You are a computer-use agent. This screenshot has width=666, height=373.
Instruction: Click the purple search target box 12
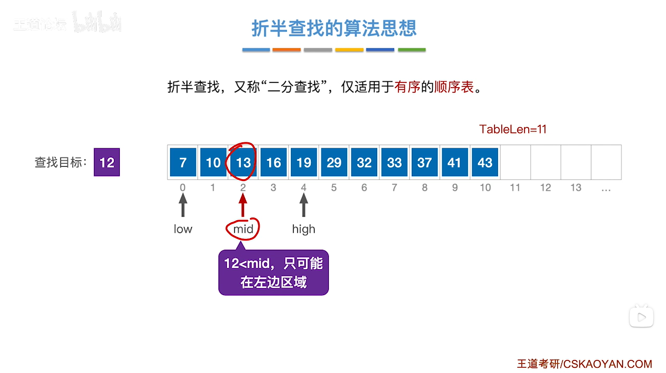[107, 162]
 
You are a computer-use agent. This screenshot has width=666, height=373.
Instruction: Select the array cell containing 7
[183, 162]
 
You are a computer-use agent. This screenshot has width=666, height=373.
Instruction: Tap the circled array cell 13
[243, 162]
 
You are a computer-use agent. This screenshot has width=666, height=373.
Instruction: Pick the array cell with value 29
[334, 162]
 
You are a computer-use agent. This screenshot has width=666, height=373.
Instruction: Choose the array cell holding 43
[485, 162]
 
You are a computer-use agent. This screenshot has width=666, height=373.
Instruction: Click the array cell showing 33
[394, 162]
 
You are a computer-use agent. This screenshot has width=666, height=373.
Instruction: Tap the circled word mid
[243, 229]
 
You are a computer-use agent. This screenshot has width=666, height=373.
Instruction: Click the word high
[304, 229]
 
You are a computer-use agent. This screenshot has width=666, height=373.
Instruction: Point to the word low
[183, 229]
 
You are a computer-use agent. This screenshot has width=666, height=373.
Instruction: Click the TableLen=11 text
[513, 129]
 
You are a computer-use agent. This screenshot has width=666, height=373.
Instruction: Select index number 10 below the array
[485, 188]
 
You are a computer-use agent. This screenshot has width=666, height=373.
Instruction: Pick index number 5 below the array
[334, 188]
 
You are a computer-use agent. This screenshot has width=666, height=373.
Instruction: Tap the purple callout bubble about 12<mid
[273, 273]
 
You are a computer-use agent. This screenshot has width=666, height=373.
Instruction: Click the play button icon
[641, 317]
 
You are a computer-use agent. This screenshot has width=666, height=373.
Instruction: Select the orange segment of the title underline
[286, 50]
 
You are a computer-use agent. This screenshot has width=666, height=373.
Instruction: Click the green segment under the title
[412, 50]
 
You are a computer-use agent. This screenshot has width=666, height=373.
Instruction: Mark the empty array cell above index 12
[546, 162]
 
